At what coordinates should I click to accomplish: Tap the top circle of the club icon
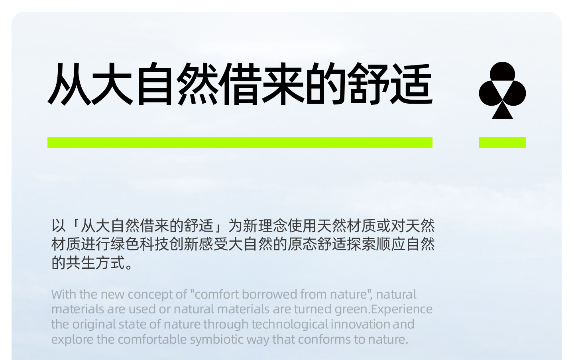point(502,74)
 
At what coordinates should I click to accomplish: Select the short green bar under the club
point(502,142)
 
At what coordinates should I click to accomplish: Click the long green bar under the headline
point(240,142)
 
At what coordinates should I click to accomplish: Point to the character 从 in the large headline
point(69,84)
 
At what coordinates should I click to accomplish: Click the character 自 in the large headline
point(155,84)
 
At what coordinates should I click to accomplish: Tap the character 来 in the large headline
point(283,84)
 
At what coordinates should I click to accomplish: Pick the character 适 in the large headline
point(411,84)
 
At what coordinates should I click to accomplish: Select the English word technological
point(290,325)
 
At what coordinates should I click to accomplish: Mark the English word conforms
point(324,340)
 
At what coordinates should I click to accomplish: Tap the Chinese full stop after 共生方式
point(129,266)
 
